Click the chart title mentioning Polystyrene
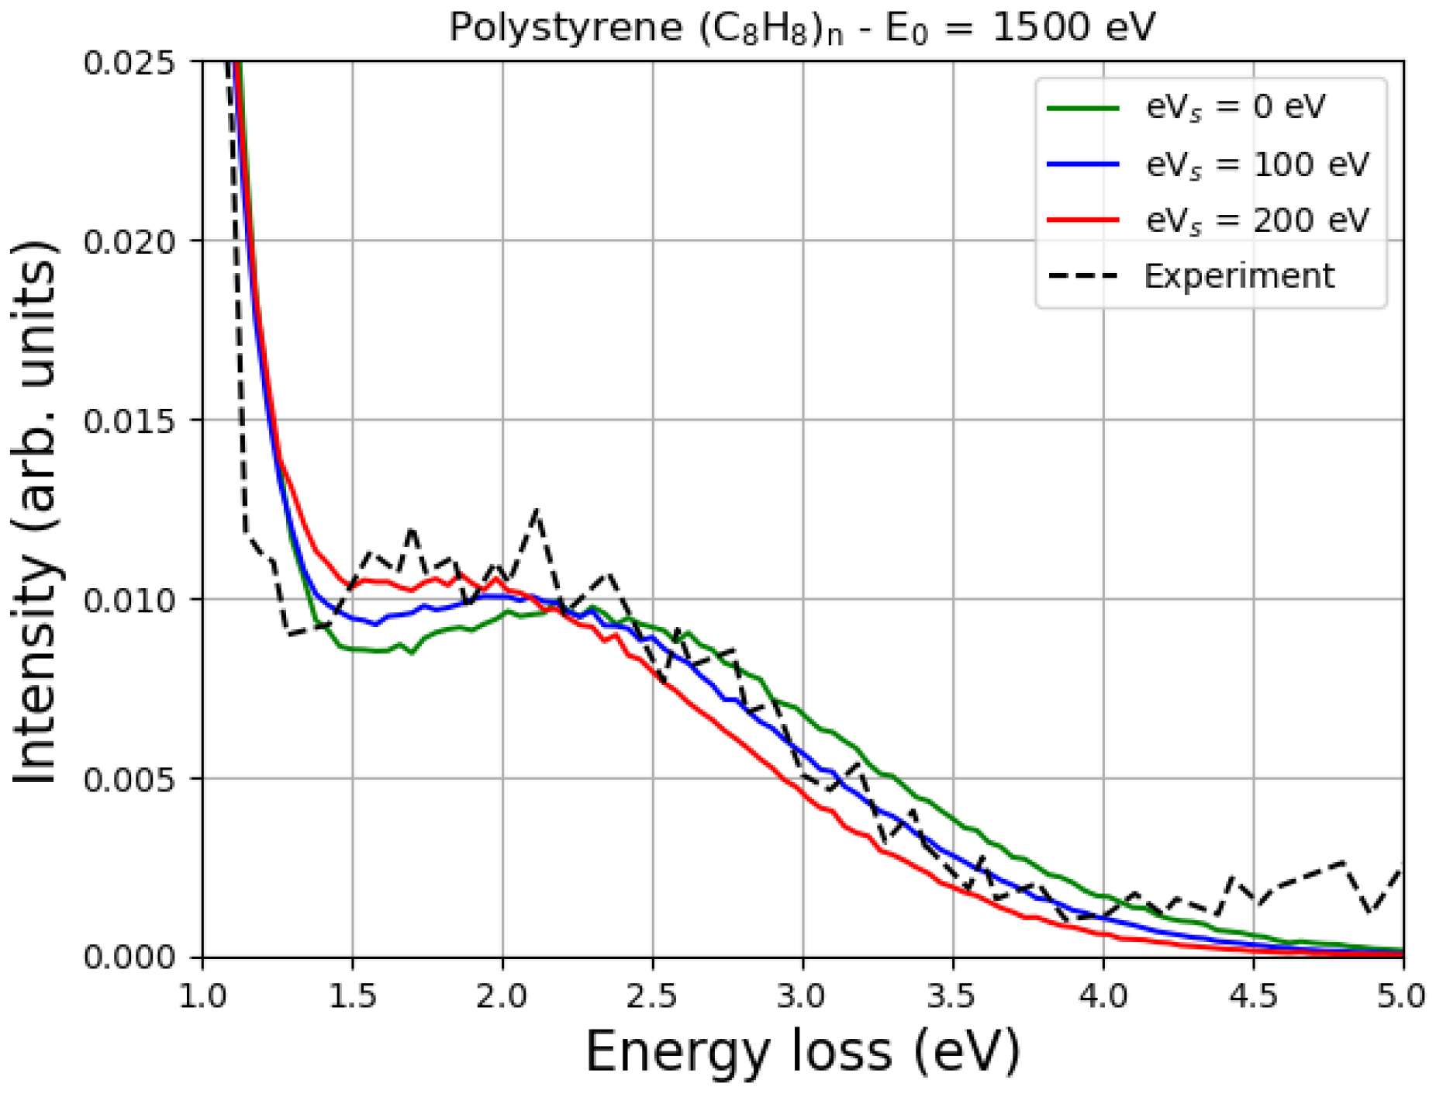coord(801,28)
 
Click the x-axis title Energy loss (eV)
coord(801,1052)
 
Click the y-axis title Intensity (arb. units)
coord(35,512)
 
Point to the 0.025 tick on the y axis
coord(129,62)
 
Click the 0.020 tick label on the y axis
coord(129,241)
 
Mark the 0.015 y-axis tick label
coord(129,421)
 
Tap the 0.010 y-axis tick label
coord(129,600)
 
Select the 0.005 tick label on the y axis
coord(129,779)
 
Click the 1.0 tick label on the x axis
coord(202,995)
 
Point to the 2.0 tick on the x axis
coord(502,995)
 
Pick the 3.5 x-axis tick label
coord(952,995)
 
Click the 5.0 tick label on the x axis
coord(1402,995)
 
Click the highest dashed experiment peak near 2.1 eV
coord(537,511)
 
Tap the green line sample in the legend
coord(1082,108)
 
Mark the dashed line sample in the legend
coord(1082,276)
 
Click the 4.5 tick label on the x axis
coord(1253,995)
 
